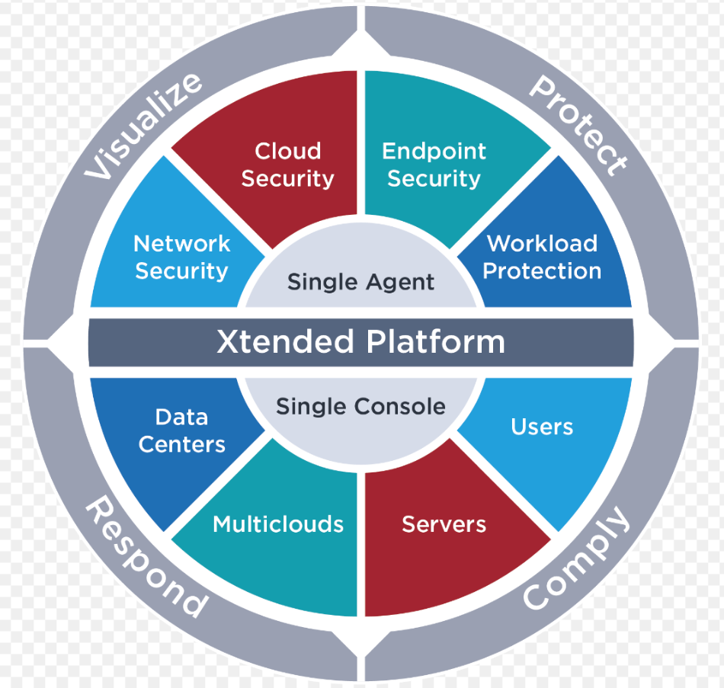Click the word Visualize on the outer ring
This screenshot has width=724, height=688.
point(144,126)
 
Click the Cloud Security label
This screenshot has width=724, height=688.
point(287,165)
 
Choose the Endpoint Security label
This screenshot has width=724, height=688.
point(434,165)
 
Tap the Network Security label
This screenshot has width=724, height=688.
point(181,258)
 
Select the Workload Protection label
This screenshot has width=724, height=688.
point(542,258)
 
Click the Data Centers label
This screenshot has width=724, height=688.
point(181,430)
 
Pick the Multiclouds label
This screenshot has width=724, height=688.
point(278,524)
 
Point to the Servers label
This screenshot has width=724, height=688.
point(444,524)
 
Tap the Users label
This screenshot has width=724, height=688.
point(542,427)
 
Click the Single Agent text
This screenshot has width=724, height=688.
point(360,282)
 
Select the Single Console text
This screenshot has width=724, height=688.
point(360,406)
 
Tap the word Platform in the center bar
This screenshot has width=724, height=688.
point(435,342)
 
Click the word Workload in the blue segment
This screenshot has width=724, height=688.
point(542,244)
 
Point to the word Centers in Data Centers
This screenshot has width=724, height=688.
point(181,444)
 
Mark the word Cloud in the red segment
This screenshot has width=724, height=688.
point(287,151)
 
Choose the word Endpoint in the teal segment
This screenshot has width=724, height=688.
point(434,151)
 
